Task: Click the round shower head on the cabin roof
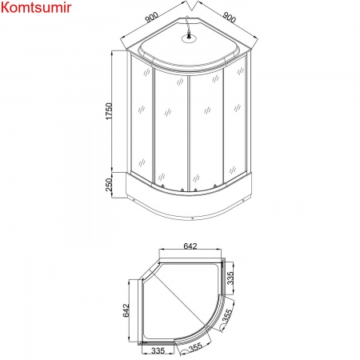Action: click(189, 35)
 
